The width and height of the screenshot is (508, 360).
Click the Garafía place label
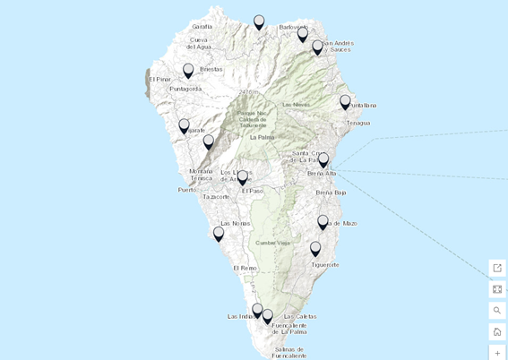[202, 27]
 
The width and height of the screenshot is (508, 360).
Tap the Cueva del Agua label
[198, 43]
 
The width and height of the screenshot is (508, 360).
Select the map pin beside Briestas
[188, 71]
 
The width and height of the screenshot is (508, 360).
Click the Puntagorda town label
[185, 89]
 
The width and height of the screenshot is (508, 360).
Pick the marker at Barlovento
[302, 35]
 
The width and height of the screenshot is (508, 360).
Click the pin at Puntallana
[345, 102]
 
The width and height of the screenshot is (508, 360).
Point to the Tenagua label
[357, 123]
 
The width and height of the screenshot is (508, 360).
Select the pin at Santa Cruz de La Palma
[323, 160]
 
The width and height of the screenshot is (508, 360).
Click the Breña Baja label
[331, 193]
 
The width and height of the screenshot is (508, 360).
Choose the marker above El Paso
[242, 178]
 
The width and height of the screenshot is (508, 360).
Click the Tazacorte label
[216, 197]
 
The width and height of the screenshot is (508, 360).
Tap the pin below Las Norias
[219, 234]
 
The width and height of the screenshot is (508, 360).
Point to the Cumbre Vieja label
[271, 243]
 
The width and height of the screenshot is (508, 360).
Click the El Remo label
[245, 268]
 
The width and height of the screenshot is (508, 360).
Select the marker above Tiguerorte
[315, 249]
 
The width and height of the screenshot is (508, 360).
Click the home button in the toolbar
[497, 331]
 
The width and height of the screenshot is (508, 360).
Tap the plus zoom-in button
[497, 353]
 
